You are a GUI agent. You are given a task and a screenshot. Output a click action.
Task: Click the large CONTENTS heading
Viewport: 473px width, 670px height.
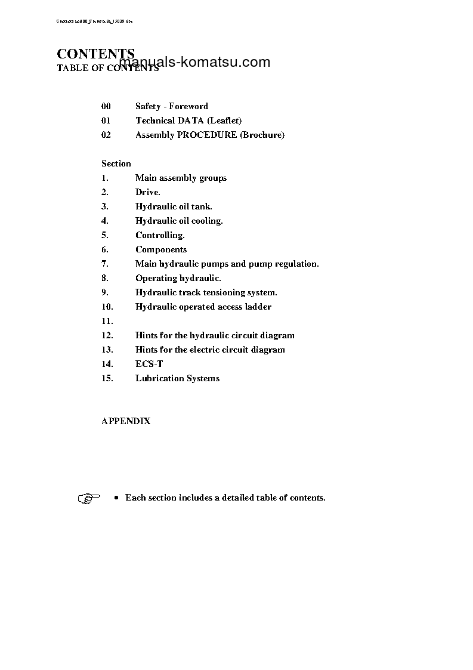tap(95, 54)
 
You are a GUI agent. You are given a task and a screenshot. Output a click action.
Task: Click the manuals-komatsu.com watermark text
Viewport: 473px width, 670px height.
tap(195, 63)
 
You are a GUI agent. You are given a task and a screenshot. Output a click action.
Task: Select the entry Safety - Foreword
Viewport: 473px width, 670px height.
tap(172, 106)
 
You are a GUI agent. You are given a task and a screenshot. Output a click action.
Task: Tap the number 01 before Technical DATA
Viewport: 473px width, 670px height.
tap(106, 121)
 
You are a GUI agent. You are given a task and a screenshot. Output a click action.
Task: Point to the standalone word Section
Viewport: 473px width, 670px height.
tap(116, 163)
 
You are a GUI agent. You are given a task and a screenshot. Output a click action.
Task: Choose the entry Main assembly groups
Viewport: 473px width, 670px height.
tap(181, 178)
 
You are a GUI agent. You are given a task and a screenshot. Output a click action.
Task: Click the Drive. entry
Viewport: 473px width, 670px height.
tap(147, 192)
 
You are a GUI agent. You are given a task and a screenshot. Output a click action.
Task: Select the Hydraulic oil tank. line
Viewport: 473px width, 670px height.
tap(174, 206)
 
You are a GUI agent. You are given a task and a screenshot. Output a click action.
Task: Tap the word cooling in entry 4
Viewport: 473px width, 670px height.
tap(207, 221)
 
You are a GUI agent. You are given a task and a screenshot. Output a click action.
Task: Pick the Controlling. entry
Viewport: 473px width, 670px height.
tap(160, 235)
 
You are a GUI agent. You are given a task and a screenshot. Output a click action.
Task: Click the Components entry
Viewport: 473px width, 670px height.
tap(161, 249)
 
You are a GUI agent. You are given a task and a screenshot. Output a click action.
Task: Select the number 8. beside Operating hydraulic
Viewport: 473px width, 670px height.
tap(105, 278)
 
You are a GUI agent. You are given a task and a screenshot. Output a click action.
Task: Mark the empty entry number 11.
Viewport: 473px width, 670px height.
tap(107, 321)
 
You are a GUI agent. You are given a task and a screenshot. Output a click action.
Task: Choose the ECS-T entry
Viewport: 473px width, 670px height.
tap(149, 364)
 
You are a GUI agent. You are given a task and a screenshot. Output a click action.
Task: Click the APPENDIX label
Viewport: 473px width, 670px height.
tap(126, 421)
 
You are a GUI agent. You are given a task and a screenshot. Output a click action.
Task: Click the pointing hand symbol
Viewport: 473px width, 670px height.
tap(89, 498)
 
